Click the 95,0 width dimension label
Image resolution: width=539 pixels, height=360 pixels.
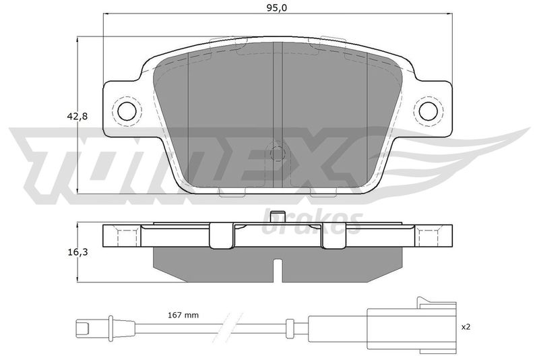coord(277,8)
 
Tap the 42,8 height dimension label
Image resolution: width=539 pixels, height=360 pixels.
coord(77,117)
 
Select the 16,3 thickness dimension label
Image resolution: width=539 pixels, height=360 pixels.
coord(77,252)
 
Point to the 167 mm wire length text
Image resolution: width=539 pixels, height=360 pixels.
coord(183,315)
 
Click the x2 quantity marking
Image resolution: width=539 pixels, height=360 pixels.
coord(466,327)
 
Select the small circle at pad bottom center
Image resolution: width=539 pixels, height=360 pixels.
coord(278,153)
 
